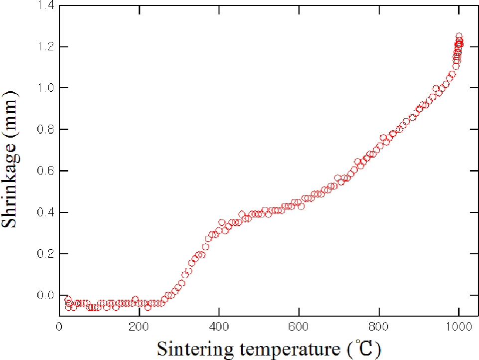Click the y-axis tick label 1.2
tap(46, 47)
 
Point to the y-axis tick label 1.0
tap(46, 88)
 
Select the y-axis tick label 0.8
tap(46, 129)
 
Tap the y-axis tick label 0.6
tap(46, 171)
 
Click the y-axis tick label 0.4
tap(46, 212)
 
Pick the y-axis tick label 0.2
tap(46, 254)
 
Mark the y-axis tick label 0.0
tap(46, 295)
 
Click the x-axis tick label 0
tap(59, 327)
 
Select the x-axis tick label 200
tap(139, 327)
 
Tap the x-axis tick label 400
tap(219, 327)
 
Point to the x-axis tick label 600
tap(299, 327)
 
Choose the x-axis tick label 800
tap(378, 327)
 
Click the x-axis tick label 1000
tap(459, 327)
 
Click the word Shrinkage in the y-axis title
tap(10, 184)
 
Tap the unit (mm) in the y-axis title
tap(10, 113)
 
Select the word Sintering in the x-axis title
tap(195, 349)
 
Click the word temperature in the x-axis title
tap(290, 350)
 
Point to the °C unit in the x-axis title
tap(364, 349)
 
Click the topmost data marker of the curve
tap(459, 36)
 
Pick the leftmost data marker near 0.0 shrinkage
tap(68, 299)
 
